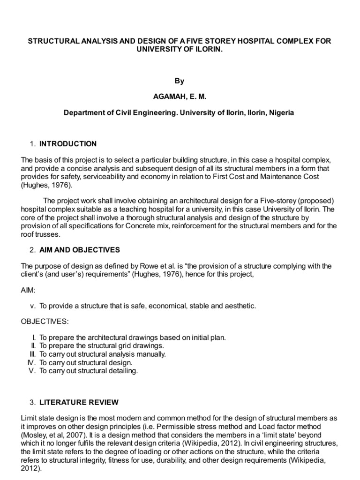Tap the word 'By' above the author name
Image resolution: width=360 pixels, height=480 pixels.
[180, 81]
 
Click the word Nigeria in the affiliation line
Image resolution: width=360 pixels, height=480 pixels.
[281, 113]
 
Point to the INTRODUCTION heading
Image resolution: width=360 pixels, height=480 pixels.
[68, 144]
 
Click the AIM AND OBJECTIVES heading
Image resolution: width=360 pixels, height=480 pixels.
[80, 249]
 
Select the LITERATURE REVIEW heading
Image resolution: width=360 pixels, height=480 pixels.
[79, 402]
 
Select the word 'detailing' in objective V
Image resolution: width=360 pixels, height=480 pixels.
[123, 371]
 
